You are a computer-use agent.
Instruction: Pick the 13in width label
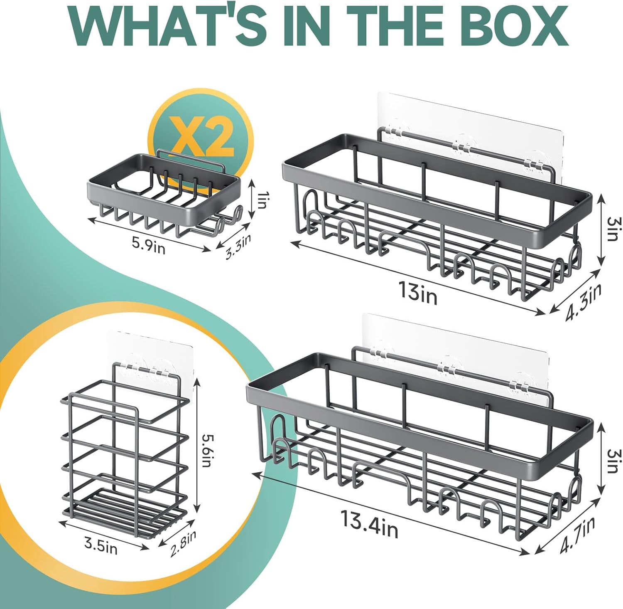point(417,291)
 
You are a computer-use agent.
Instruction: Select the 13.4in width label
point(369,524)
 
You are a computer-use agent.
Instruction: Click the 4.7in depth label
point(577,535)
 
